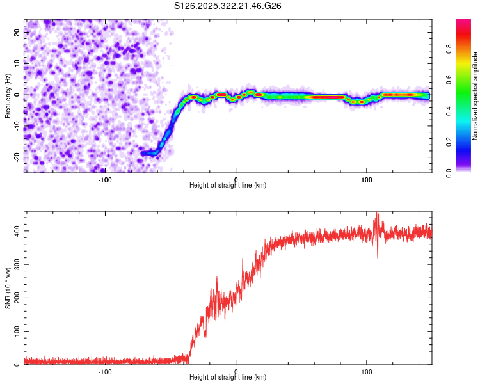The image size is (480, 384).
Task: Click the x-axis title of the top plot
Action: (228, 185)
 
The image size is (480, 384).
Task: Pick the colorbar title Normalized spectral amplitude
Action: (476, 96)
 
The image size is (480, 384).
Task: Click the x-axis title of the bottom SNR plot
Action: (228, 378)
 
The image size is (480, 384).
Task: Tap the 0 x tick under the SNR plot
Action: (236, 371)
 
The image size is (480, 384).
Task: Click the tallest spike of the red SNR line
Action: (377, 214)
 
